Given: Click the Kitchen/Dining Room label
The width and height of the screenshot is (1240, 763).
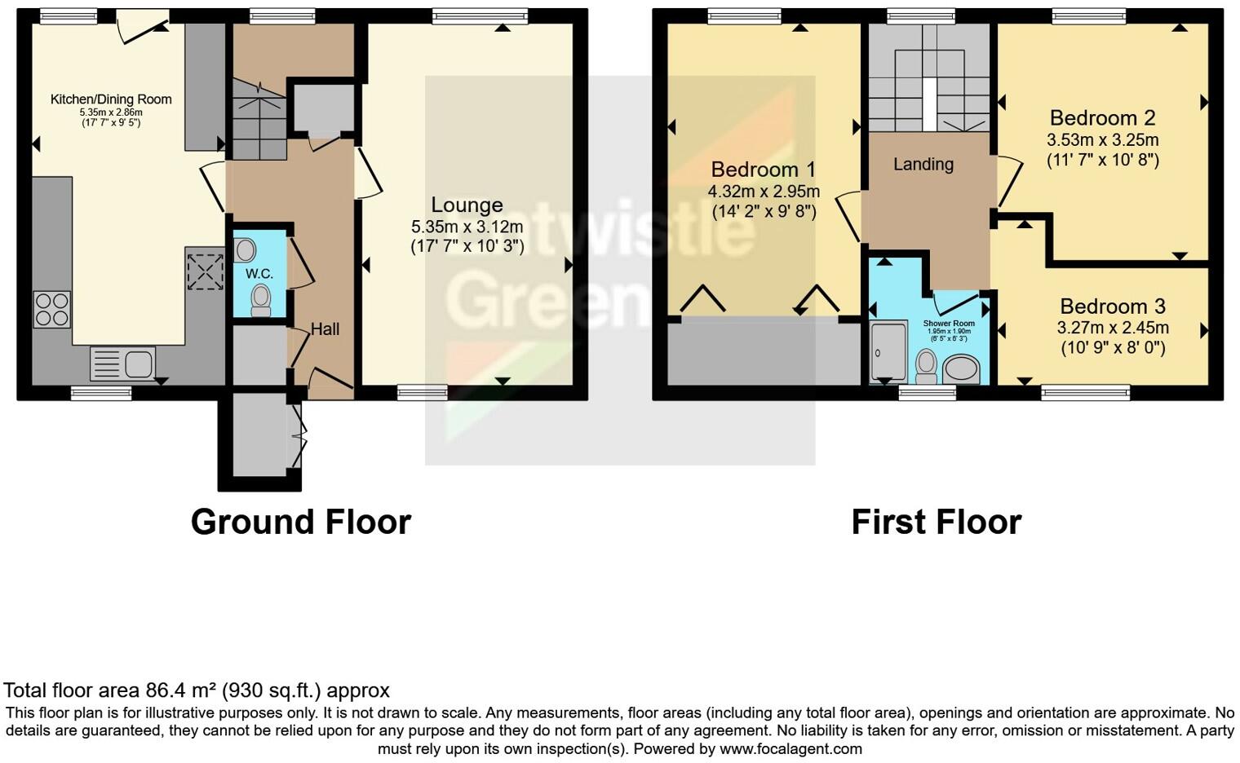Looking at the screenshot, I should coord(111,99).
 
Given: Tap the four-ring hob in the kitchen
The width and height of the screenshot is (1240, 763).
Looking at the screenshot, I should coord(51,310).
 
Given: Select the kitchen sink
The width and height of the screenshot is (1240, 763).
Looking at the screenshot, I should coord(122,364).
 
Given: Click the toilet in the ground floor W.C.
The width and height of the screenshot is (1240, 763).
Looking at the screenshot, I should coord(261,300).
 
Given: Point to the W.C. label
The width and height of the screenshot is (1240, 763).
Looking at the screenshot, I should coord(259,273).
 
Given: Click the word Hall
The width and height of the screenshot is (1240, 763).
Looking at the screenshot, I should coord(325,329).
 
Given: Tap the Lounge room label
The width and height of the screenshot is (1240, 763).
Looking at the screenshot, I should coord(467,205).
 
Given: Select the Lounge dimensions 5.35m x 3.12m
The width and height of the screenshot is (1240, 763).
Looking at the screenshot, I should coord(467,227).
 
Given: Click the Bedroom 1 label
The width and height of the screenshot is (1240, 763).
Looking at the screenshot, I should coord(763,170).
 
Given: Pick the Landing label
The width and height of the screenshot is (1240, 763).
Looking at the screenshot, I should coord(923,165).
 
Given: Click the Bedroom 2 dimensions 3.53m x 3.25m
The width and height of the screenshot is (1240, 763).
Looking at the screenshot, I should coord(1103,139).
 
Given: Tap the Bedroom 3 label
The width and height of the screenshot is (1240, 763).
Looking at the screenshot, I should coord(1113,307).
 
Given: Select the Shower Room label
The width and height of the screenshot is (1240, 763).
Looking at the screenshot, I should coord(949,324).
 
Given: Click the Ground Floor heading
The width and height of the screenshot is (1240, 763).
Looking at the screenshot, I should coord(301,522).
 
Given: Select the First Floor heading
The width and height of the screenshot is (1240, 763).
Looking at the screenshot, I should coord(936,522).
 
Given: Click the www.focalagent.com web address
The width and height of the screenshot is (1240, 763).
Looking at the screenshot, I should coord(790,748).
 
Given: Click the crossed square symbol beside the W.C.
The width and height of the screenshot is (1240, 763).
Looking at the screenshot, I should coord(205,271).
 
